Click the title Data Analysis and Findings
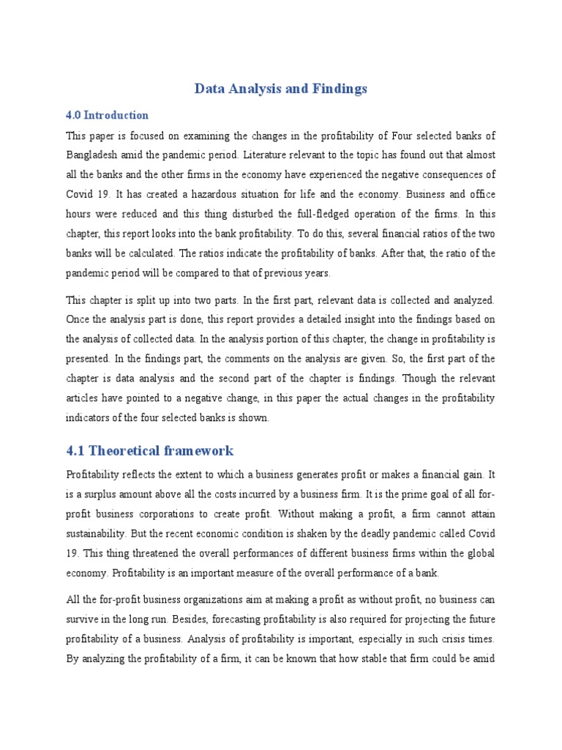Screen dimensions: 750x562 (281, 89)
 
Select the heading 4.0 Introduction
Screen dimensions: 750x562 (108, 115)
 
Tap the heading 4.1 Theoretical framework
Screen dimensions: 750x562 (150, 450)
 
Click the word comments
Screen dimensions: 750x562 (240, 359)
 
